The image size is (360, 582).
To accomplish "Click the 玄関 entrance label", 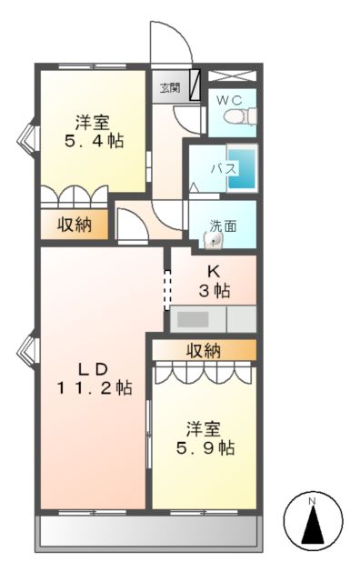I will tap(170, 88).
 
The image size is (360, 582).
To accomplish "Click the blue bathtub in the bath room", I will tap(241, 168).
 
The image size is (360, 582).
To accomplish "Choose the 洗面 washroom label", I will tap(224, 226).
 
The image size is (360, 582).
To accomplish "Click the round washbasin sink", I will tap(214, 241).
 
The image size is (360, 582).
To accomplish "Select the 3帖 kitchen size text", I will tap(215, 291).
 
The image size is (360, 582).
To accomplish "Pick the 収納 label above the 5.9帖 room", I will tap(205, 350).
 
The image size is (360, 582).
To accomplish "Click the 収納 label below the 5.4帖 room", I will tap(75, 226).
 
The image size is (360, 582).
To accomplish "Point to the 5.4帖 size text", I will tap(94, 141).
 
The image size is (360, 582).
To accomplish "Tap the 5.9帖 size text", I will tap(205, 447).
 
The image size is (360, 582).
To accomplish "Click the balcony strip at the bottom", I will tap(147, 533).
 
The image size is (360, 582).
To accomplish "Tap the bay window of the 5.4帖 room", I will tap(27, 136).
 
